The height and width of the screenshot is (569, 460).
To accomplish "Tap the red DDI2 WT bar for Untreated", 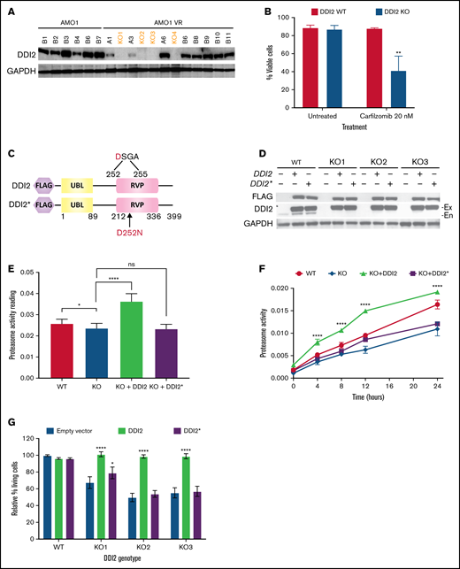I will click(310, 67).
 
